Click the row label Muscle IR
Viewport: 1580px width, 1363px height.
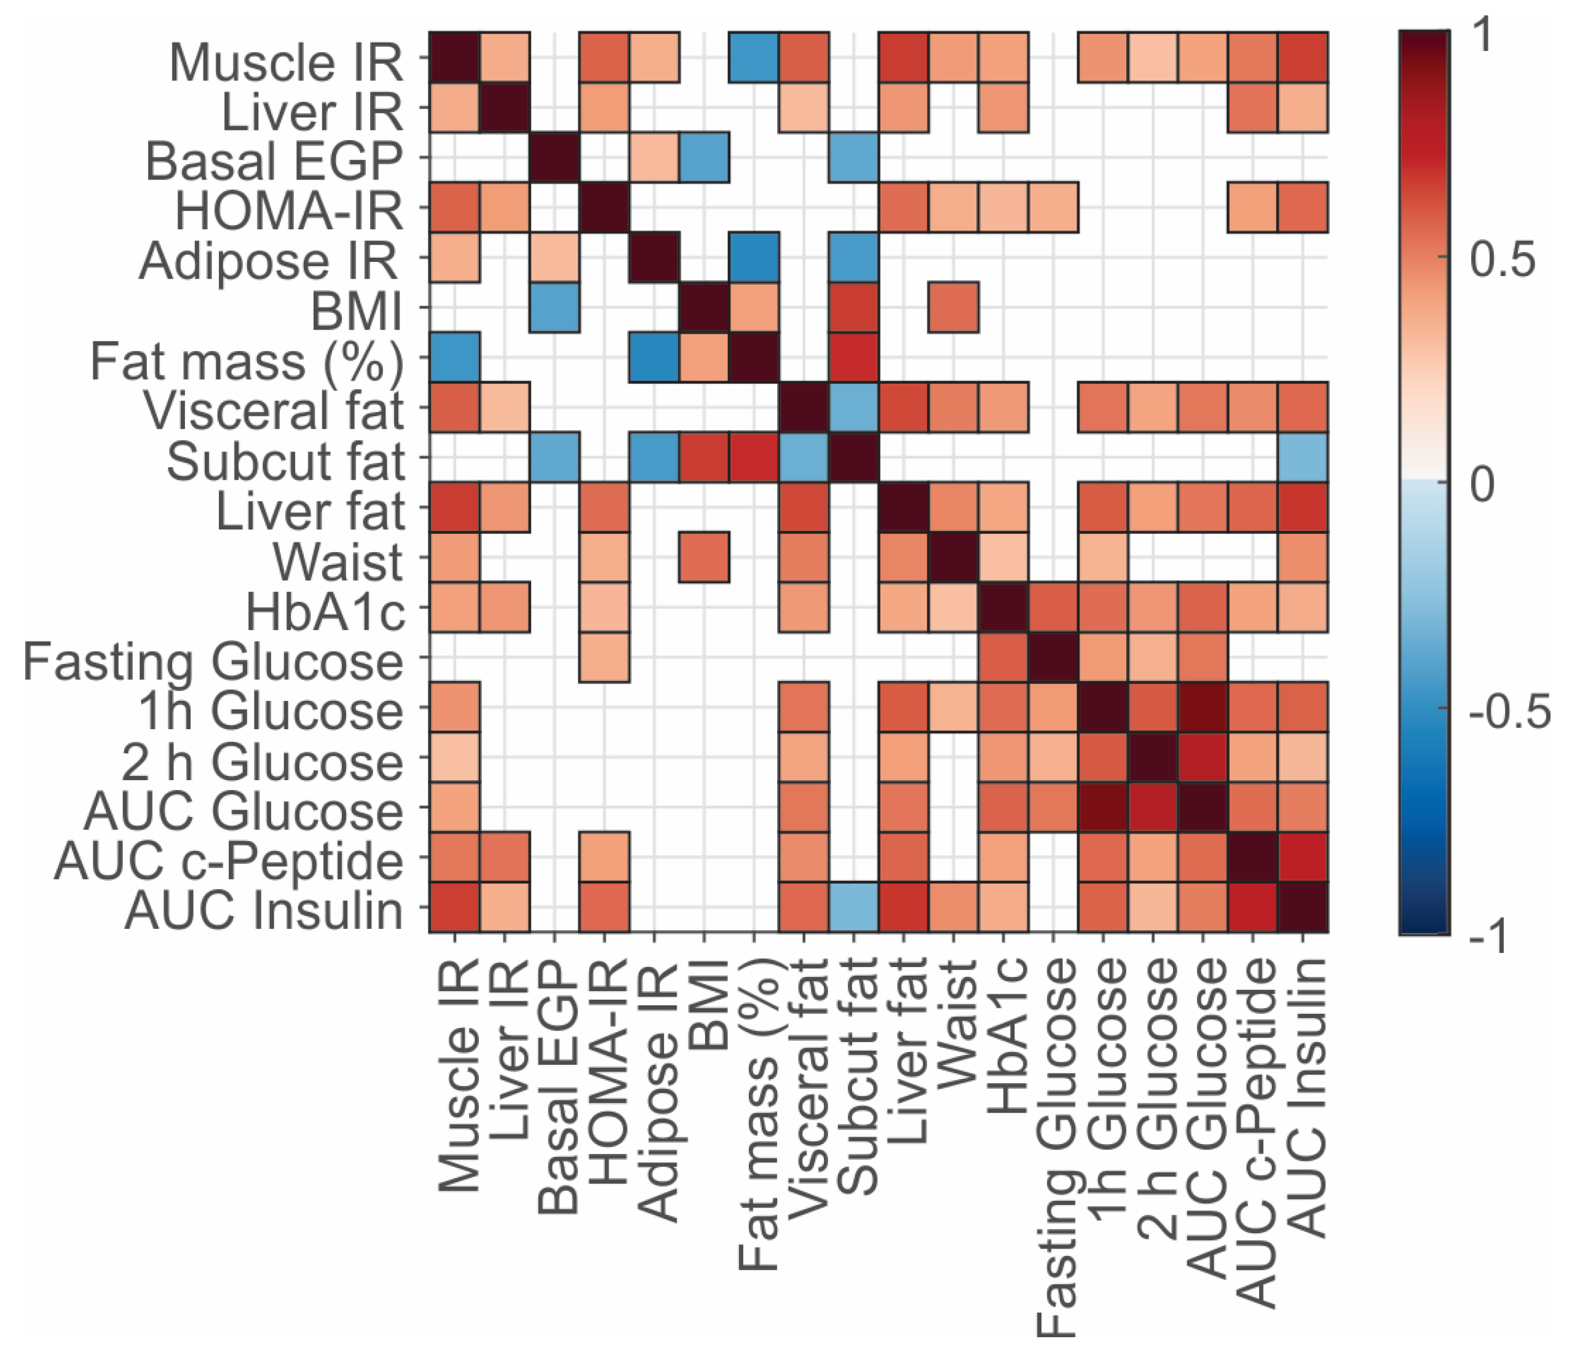pos(285,61)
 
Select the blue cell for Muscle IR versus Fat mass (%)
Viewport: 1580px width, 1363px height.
pos(753,57)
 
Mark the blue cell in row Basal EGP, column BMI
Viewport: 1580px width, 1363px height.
pos(704,157)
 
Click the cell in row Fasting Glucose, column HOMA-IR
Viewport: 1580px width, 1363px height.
pos(604,657)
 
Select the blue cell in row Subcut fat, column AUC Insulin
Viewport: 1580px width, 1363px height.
pos(1303,457)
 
